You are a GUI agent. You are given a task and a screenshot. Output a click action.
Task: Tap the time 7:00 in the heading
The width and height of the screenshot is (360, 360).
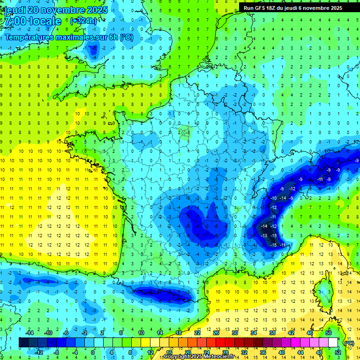click(15, 21)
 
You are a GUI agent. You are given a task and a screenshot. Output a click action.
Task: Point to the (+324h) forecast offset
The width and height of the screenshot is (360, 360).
click(83, 21)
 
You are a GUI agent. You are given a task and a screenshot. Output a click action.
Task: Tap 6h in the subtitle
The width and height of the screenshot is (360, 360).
click(113, 37)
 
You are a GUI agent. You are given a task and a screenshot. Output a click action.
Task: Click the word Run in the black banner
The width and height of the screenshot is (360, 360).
click(248, 8)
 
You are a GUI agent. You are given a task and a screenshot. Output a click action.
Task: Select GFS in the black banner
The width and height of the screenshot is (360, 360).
click(260, 8)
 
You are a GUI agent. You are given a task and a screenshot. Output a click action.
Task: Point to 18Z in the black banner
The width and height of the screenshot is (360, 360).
click(273, 8)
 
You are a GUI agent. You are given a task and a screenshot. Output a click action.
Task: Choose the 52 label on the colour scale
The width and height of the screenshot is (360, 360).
click(338, 352)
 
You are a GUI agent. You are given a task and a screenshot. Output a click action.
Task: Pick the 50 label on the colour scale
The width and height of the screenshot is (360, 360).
click(329, 333)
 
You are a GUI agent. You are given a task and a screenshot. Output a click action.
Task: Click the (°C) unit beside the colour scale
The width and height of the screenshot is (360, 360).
click(349, 343)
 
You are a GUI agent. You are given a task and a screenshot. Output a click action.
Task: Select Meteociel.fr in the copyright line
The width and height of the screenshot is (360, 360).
click(218, 357)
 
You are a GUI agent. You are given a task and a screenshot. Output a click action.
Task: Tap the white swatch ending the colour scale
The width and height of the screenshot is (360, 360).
click(333, 343)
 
